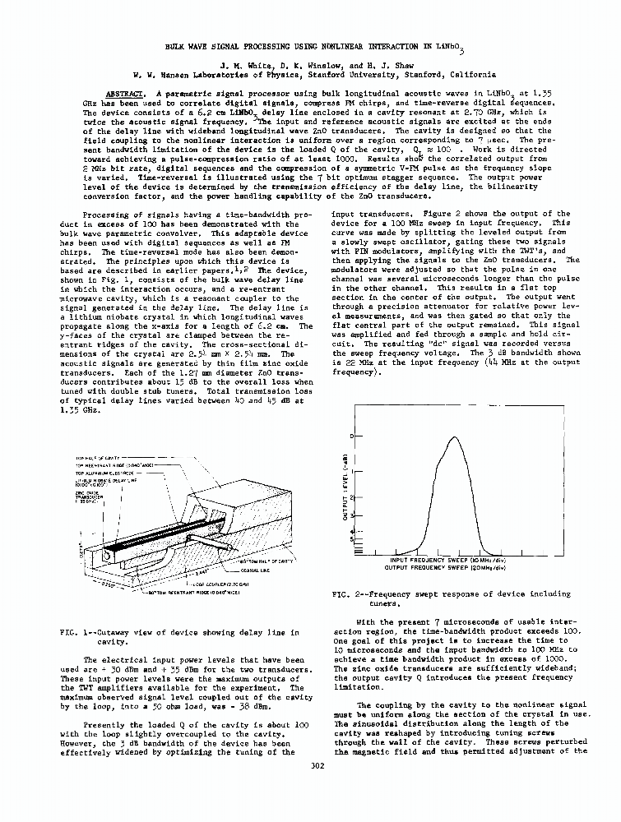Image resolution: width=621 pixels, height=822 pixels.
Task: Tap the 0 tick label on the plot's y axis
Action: pyautogui.click(x=350, y=436)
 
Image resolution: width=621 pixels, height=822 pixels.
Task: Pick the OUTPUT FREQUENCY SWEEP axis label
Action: pyautogui.click(x=444, y=567)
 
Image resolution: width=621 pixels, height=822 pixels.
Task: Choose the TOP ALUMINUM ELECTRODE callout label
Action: pyautogui.click(x=105, y=473)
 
